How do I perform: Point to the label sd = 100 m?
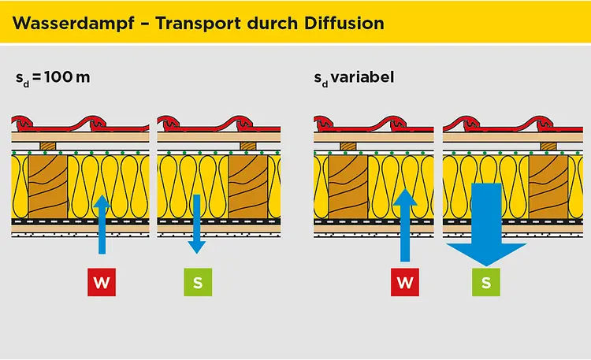(x=53, y=79)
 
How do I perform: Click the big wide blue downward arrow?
(x=486, y=228)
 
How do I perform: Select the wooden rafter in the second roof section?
(x=247, y=186)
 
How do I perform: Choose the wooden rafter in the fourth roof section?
(x=548, y=186)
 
